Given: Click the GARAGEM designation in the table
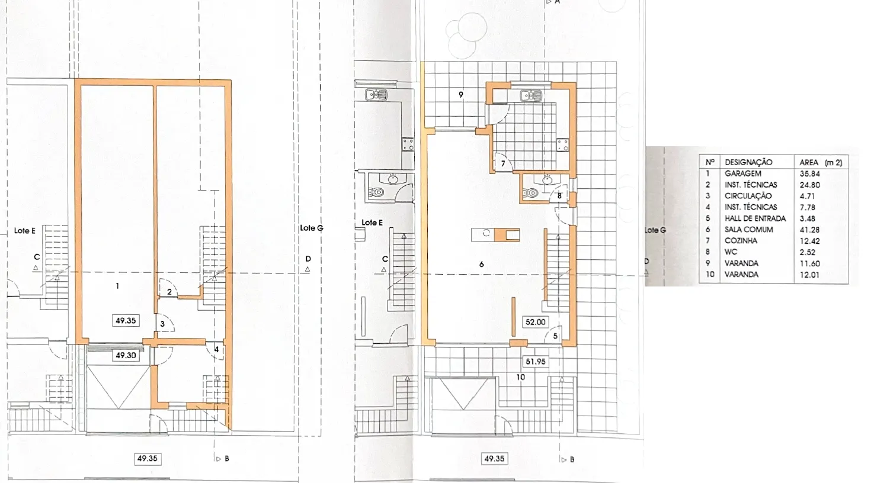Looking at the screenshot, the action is point(742,173).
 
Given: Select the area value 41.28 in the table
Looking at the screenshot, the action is point(810,230).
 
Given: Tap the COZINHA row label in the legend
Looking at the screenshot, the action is point(741,241).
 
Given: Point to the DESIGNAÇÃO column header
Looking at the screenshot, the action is point(748,162).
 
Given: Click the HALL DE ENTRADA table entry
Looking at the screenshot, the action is point(755,218).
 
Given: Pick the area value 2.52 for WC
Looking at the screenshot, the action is point(808,252).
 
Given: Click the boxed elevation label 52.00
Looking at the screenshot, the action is point(535,322).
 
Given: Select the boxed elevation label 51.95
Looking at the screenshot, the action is point(535,362).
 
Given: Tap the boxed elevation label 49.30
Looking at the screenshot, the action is point(126,355).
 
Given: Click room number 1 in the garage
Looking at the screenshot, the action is point(117,286).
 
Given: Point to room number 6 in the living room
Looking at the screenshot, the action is point(482,265).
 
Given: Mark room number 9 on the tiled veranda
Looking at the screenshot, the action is point(461,95).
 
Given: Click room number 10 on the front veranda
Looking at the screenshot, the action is point(520,377).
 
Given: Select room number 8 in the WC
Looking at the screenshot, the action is point(559,196).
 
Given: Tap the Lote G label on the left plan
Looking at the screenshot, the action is point(312,228).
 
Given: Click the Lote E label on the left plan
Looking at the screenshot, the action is point(25,231).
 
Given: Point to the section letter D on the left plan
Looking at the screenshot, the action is point(308,259).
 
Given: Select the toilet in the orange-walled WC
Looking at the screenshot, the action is point(531,194).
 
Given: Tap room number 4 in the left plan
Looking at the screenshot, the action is point(216,350).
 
